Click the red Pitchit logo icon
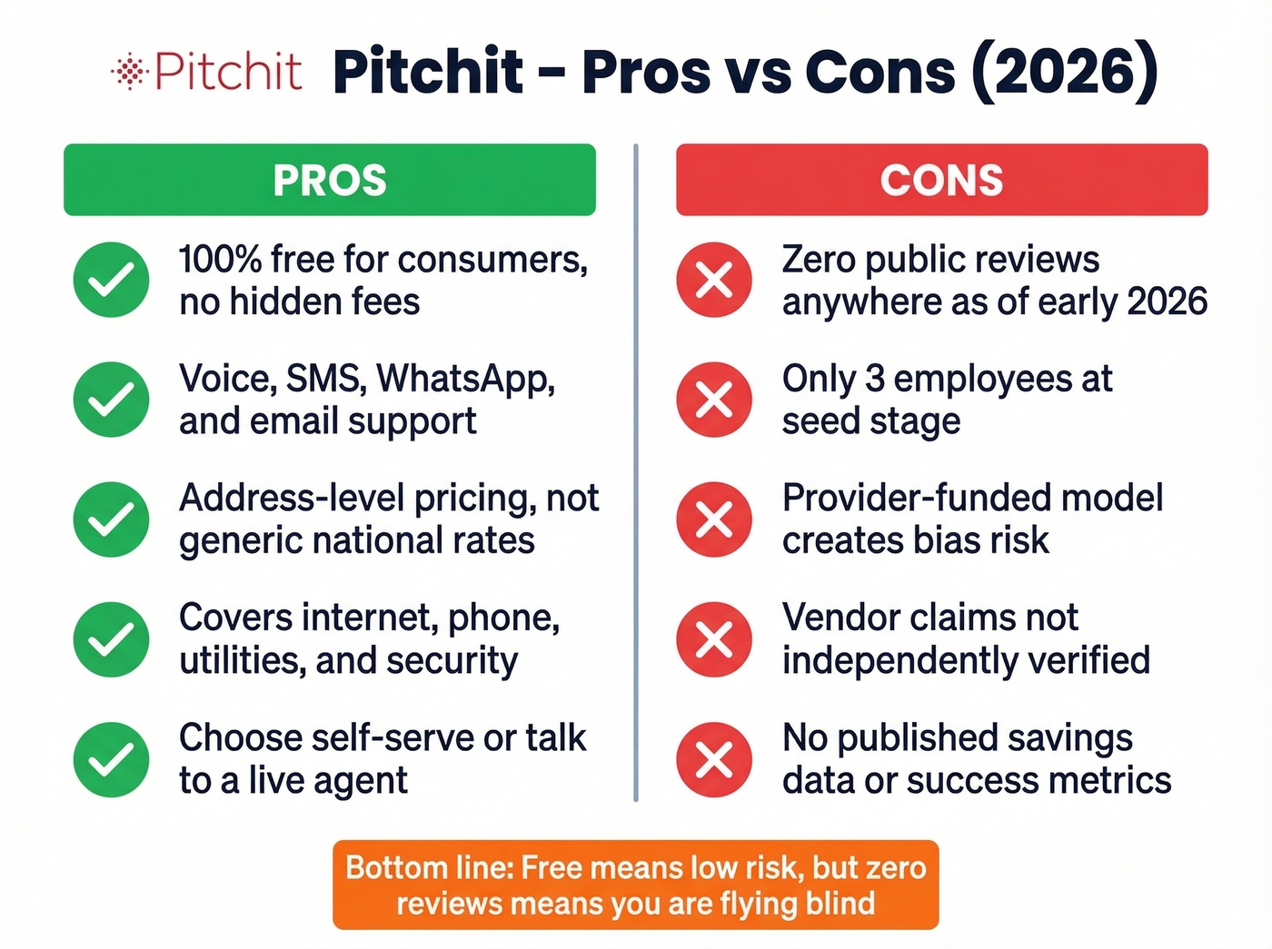click(129, 71)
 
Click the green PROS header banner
click(330, 180)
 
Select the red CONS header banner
click(941, 180)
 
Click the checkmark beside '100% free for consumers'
click(111, 280)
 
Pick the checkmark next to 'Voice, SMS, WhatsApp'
click(111, 400)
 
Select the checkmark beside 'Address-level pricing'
click(111, 519)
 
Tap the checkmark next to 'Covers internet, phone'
click(111, 639)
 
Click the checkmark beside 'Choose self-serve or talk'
click(111, 759)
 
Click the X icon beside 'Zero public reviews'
click(714, 280)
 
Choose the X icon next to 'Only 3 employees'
click(714, 400)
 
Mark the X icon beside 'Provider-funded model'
click(714, 519)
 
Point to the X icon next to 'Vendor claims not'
click(714, 639)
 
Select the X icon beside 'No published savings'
click(714, 759)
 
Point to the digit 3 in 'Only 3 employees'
click(875, 380)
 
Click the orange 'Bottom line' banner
click(635, 885)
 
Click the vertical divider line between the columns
click(635, 472)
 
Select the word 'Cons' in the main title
click(879, 71)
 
